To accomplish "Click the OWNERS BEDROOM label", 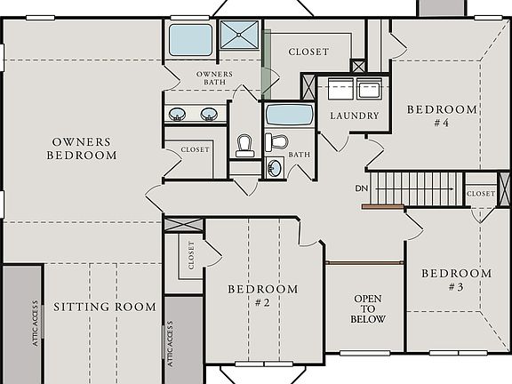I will click(82, 148).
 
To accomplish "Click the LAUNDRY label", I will click(354, 116).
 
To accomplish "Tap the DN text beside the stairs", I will click(361, 188).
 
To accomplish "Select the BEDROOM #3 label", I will click(455, 280).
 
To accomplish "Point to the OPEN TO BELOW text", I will click(368, 309).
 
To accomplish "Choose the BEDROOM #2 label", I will click(262, 295).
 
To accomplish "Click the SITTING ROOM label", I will click(104, 308).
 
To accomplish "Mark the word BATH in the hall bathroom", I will click(299, 154).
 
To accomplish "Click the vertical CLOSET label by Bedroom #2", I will click(191, 255).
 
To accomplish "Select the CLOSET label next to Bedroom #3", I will click(480, 193).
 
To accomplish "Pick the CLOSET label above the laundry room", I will click(308, 52).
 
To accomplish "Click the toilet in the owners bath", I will click(244, 143).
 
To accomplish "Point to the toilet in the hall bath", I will click(276, 141).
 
